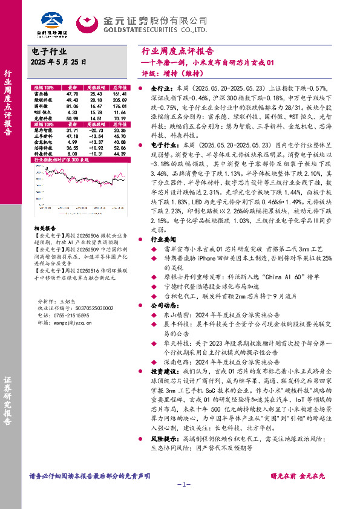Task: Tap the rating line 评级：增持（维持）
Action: (170, 75)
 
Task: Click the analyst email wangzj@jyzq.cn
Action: (70, 323)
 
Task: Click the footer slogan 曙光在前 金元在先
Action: (296, 476)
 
